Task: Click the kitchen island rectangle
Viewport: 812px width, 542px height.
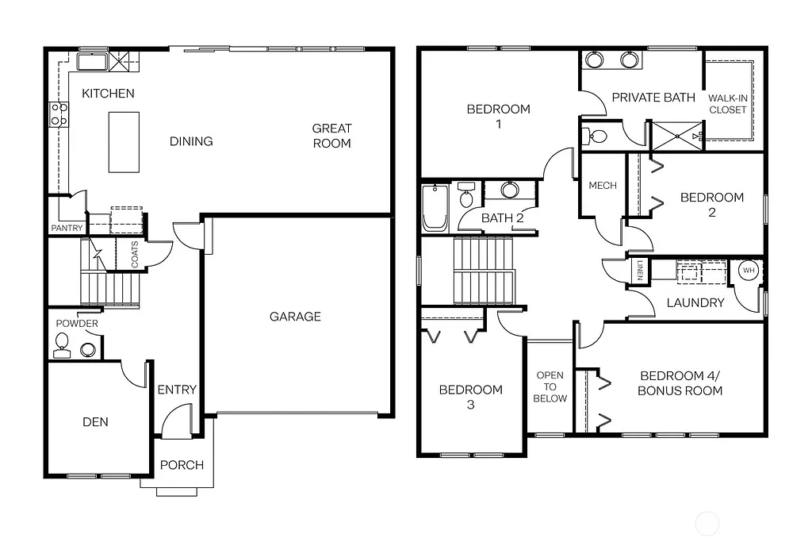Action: [124, 141]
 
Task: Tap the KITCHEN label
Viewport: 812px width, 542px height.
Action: [108, 94]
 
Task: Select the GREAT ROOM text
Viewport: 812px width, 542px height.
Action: [331, 136]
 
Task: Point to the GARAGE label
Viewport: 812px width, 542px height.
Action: [295, 317]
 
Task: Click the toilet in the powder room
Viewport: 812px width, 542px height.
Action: [62, 344]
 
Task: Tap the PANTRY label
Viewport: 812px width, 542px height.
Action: [67, 229]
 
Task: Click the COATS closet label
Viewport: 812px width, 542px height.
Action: [134, 254]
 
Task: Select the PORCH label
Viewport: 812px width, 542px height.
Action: [182, 465]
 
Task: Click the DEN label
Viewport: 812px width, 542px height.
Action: [95, 422]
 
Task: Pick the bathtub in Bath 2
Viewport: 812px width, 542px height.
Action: [435, 207]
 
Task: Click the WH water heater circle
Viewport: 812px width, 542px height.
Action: [748, 271]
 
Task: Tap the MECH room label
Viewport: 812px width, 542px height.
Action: [603, 186]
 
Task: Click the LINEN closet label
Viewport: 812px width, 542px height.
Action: [639, 271]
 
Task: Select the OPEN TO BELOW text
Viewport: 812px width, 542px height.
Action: [550, 386]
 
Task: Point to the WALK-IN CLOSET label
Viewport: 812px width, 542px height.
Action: [728, 104]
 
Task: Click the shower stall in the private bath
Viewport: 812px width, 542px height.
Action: [676, 136]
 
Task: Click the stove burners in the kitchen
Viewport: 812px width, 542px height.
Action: [58, 114]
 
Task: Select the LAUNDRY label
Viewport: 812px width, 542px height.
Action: [695, 302]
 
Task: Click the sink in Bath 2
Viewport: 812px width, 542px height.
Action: [509, 190]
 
